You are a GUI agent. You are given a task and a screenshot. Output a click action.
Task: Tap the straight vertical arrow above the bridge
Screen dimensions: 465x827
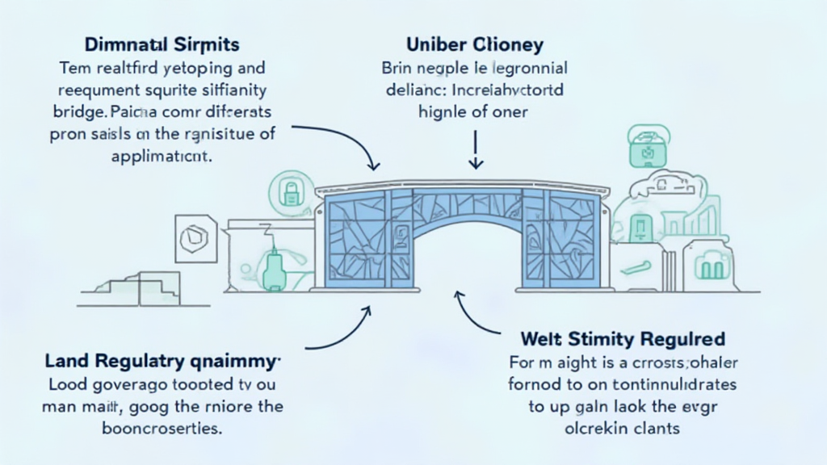coord(476,149)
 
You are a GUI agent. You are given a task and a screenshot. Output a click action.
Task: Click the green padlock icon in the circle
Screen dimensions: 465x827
coord(289,191)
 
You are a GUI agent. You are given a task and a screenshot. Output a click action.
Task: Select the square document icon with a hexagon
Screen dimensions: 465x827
coord(194,238)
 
